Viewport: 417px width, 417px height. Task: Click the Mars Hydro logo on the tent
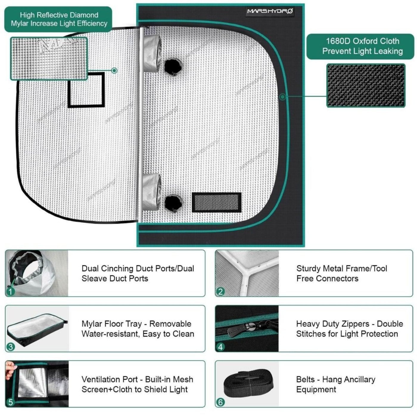[x=270, y=11]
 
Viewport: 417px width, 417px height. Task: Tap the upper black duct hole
[x=173, y=66]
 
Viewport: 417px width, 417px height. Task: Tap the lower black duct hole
[x=173, y=203]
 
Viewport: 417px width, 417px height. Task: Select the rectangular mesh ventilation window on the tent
[x=217, y=202]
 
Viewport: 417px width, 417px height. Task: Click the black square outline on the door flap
[x=86, y=90]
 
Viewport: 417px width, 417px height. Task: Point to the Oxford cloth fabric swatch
[x=366, y=85]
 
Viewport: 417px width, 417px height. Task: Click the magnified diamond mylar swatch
[x=49, y=58]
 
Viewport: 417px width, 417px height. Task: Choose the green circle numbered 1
[x=10, y=291]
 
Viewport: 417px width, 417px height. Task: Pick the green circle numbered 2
[x=220, y=291]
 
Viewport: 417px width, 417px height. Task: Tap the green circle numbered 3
[x=10, y=347]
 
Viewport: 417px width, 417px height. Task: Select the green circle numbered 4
[x=220, y=347]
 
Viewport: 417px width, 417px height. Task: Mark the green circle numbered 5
[x=10, y=402]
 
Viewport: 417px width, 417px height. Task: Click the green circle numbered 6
[x=220, y=402]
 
